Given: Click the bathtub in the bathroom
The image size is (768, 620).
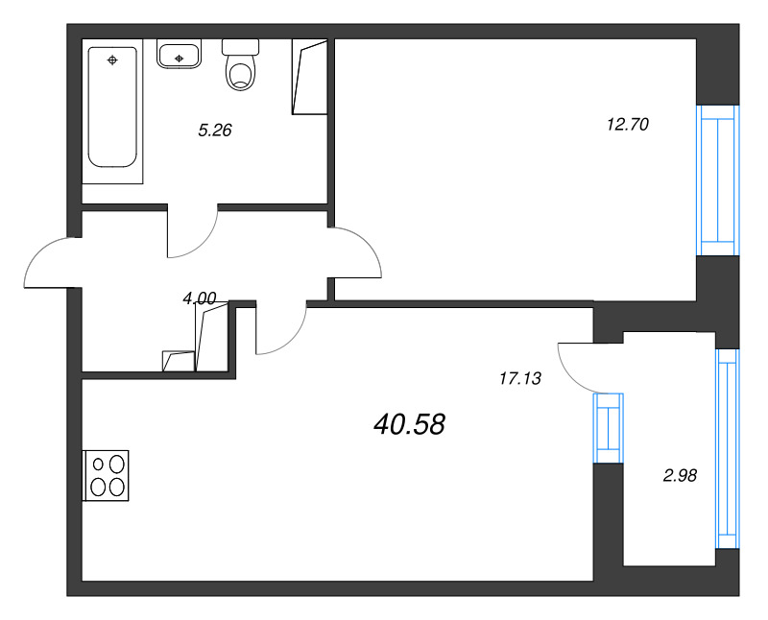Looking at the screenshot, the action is (x=112, y=107).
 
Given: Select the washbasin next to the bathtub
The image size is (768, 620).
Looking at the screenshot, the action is (x=179, y=54).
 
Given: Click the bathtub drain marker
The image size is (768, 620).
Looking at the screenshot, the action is (x=112, y=60).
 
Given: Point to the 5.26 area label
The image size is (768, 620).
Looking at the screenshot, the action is (x=214, y=131).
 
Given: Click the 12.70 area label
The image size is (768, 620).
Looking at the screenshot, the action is (x=628, y=125).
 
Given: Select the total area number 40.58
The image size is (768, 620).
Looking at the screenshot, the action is (x=410, y=424).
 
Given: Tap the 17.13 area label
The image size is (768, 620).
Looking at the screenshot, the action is (x=520, y=378).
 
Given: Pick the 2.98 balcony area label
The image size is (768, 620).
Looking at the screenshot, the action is (x=680, y=475).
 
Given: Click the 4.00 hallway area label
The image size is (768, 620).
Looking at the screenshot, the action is (x=200, y=298).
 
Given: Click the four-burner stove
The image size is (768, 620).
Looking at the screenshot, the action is (x=106, y=475).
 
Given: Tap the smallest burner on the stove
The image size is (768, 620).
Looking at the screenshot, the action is (x=99, y=464).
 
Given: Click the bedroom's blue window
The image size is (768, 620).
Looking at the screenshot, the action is (x=717, y=180).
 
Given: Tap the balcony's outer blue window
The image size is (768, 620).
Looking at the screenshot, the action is (x=728, y=448).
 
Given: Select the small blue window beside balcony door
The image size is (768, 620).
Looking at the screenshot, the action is (x=609, y=428).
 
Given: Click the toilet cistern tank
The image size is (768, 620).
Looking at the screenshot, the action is (x=241, y=47).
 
